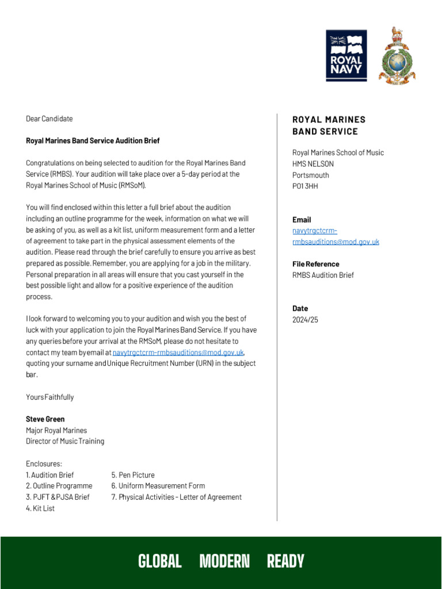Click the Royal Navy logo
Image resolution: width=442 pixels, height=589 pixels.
coord(346,56)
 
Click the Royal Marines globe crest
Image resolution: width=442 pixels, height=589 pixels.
coord(397,56)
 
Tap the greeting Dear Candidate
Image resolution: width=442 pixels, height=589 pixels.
coord(49,119)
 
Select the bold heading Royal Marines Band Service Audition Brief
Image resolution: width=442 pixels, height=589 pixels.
coord(93,141)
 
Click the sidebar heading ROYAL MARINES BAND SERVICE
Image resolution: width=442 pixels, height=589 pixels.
coord(329,125)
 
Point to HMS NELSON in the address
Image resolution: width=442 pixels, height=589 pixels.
coord(313,164)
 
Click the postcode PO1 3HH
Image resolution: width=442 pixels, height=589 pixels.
coord(305,186)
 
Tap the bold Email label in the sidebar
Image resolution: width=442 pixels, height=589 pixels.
coord(302,220)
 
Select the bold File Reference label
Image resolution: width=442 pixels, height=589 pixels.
coord(316,264)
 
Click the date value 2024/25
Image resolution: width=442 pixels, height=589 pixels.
coord(305,320)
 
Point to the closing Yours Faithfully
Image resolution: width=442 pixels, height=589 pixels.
coord(50,397)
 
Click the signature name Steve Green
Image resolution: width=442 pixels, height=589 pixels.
coord(45,419)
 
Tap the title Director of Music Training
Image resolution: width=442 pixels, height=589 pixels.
coord(65,441)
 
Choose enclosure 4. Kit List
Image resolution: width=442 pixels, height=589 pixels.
coord(40,508)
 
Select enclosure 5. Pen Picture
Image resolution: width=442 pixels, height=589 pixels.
coord(133,475)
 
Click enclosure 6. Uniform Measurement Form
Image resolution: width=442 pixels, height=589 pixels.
coord(158,486)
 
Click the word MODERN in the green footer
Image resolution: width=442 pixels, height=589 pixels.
coord(224,561)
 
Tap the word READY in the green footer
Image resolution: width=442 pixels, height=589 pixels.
coord(285,561)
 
